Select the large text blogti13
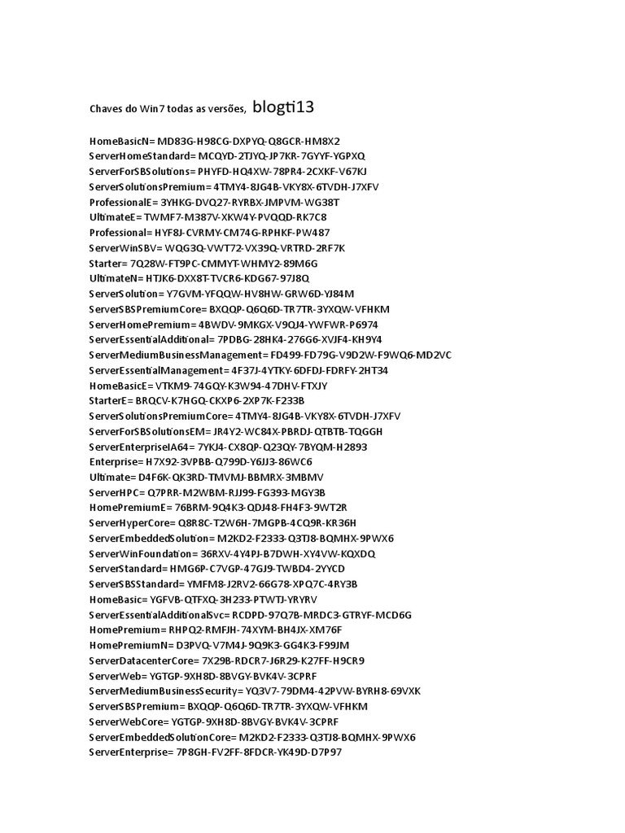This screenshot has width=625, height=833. (284, 106)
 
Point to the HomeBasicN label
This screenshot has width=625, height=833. (121, 140)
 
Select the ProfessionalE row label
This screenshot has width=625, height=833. (123, 202)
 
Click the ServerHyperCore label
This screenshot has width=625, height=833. (130, 523)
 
